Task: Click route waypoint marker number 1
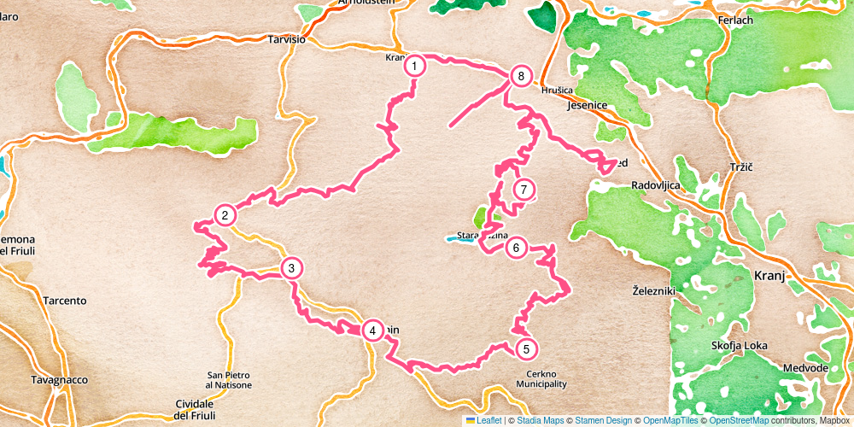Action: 414,66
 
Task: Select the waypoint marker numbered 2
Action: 225,215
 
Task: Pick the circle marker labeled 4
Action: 372,330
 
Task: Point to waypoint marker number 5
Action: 526,348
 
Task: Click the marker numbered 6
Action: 515,249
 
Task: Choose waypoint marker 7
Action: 524,190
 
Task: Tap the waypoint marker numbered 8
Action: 521,77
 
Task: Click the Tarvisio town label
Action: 286,39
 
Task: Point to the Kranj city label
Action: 769,276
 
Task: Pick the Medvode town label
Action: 805,368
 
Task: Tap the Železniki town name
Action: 654,290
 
